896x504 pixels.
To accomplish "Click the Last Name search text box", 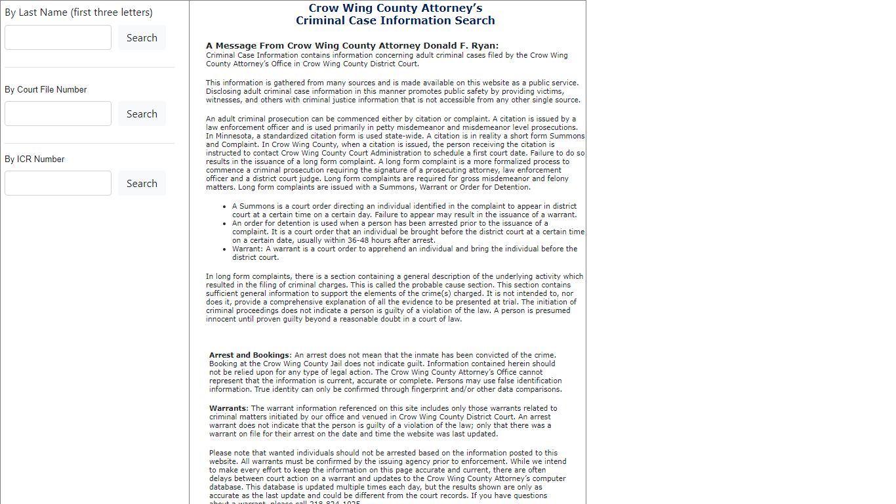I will coord(58,37).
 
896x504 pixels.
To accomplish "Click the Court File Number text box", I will coord(58,114).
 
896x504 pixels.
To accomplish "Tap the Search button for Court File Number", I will coord(142,114).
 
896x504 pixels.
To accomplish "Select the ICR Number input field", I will coord(58,183).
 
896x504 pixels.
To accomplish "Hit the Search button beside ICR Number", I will coord(142,183).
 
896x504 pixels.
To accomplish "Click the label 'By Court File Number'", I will coord(45,89).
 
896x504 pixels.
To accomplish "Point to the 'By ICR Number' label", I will coord(34,159).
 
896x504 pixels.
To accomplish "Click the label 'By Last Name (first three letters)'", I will coord(78,12).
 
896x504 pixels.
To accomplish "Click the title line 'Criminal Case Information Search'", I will coord(395,20).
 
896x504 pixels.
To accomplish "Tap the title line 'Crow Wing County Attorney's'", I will coord(395,9).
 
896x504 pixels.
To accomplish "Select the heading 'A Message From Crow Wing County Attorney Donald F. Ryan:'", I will coord(352,46).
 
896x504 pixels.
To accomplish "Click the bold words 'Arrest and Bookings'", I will coord(249,355).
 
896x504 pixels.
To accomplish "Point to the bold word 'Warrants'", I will coord(228,408).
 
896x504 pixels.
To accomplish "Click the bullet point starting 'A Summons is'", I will coord(404,210).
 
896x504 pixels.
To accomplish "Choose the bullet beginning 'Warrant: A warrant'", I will coord(404,253).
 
